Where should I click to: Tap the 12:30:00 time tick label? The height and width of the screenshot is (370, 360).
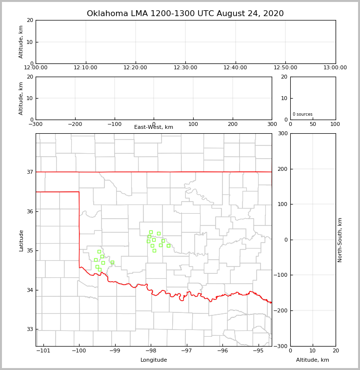point(185,68)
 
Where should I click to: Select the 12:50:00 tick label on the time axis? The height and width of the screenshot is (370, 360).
point(285,68)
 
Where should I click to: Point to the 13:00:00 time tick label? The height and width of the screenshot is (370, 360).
point(335,68)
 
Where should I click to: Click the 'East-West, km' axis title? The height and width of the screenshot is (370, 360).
point(154,127)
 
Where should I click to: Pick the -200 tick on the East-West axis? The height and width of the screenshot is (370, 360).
point(75,124)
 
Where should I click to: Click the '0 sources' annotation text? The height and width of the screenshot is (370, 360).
point(302,114)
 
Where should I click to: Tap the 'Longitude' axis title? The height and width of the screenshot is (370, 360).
point(154,360)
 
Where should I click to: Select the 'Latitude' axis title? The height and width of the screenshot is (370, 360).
point(21,240)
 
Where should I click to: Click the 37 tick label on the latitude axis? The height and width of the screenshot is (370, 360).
point(30,172)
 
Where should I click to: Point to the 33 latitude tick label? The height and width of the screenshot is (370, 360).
point(30,329)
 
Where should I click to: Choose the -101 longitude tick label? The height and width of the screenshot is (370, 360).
point(44,350)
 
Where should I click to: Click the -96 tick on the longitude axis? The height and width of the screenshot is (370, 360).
point(222,350)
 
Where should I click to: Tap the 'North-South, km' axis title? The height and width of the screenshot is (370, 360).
point(340,240)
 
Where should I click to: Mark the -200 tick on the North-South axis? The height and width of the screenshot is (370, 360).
point(280,310)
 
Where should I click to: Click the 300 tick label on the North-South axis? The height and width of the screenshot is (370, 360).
point(282,133)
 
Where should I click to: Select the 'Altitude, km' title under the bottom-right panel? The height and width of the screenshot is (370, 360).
point(313,360)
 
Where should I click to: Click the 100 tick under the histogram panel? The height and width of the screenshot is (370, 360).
point(335,124)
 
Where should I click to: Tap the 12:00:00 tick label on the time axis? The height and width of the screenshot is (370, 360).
point(36,68)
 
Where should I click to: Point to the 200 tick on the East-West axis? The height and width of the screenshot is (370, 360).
point(233,124)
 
